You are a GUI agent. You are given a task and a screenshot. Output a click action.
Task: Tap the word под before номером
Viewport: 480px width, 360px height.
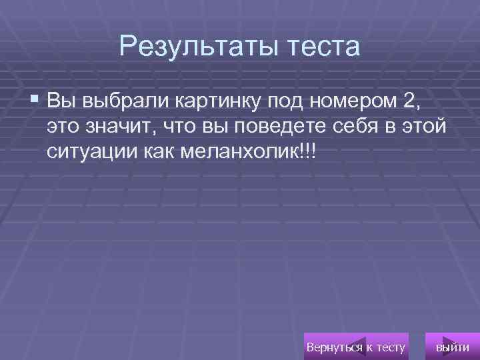point(285,103)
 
